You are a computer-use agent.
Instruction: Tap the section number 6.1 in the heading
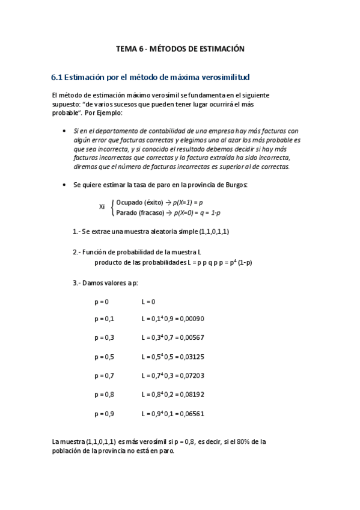[x=57, y=78]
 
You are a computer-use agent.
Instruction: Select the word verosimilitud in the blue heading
[x=227, y=78]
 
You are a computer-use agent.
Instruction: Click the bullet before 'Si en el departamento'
[x=64, y=131]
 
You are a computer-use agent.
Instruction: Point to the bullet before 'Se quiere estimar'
[x=64, y=185]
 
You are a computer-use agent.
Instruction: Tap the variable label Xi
[x=102, y=207]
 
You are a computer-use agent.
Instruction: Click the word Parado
[x=127, y=212]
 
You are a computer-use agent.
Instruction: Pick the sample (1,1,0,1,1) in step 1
[x=212, y=232]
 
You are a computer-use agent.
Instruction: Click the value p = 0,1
[x=105, y=319]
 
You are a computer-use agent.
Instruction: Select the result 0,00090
[x=191, y=319]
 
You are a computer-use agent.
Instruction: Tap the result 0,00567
[x=191, y=337]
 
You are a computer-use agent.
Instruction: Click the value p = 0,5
[x=105, y=357]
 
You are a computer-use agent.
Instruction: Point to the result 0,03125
[x=191, y=357]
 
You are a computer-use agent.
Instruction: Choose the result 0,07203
[x=191, y=376]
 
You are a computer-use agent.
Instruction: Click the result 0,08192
[x=191, y=395]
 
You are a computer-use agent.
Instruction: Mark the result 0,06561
[x=191, y=414]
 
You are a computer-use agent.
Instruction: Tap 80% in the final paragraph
[x=237, y=442]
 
